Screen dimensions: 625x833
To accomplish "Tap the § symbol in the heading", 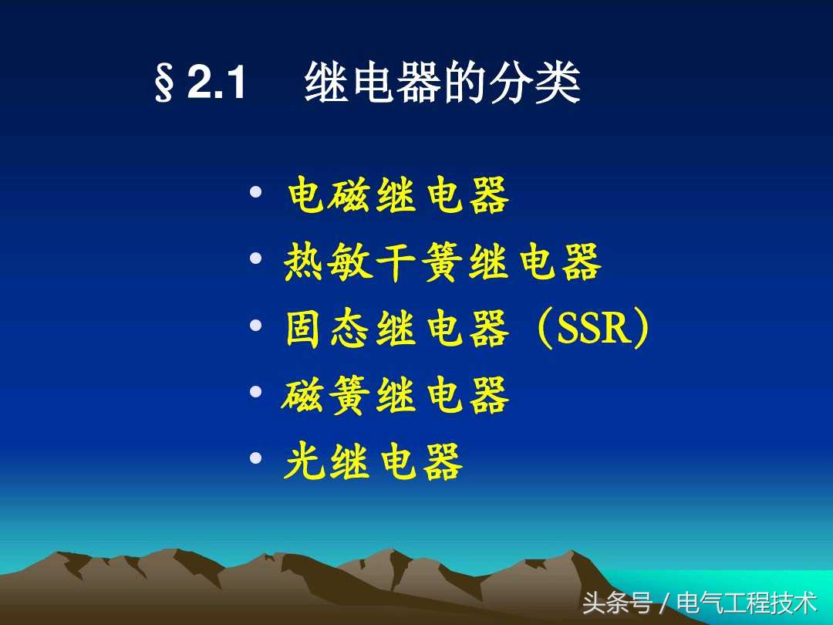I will (164, 86).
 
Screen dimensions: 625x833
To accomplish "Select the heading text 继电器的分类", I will (443, 84).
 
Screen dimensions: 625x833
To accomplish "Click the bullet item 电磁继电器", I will (398, 196).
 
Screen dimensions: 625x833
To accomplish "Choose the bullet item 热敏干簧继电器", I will (443, 263).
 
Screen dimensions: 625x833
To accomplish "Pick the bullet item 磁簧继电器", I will (396, 397).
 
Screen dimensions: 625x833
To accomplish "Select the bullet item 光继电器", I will (374, 463).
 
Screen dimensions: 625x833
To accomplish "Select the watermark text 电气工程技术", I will (746, 602).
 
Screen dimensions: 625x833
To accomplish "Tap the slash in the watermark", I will (663, 603).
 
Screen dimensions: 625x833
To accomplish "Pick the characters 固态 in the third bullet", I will (329, 329).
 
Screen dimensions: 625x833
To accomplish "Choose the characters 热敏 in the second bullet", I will (329, 263).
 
